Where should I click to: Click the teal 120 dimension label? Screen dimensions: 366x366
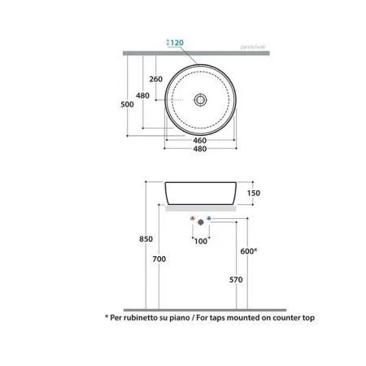175,43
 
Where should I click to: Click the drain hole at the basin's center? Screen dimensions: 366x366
198,98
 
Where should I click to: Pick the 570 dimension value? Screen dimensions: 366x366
237,280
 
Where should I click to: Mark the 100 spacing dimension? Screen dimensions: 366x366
200,242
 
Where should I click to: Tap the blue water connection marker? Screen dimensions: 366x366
209,220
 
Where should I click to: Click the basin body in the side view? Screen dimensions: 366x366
200,194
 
